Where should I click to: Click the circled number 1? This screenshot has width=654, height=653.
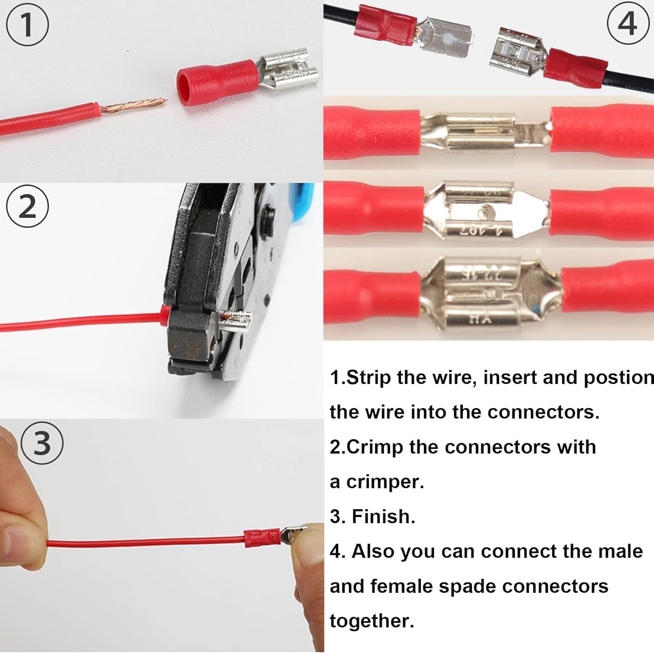tap(27, 24)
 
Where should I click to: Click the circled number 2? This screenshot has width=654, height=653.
tap(27, 207)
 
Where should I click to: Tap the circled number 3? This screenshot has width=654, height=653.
tap(42, 443)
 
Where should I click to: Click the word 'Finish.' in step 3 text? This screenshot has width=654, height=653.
tap(383, 517)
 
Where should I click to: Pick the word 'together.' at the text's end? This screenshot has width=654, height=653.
tap(371, 621)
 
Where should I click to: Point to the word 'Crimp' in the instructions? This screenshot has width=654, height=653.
tap(375, 447)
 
